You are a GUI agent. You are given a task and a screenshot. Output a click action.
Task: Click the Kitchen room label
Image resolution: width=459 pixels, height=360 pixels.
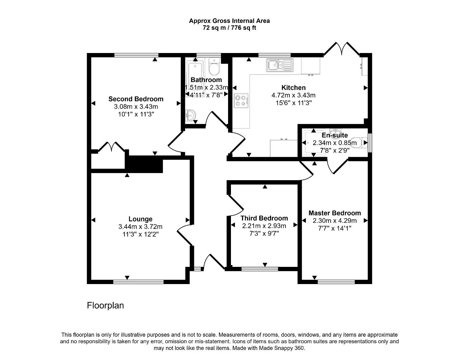pos(293,87)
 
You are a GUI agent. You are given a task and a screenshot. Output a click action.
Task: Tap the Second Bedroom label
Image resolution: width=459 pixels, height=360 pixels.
pos(136,99)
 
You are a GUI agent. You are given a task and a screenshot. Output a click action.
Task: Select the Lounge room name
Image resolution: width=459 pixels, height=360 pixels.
pos(141,219)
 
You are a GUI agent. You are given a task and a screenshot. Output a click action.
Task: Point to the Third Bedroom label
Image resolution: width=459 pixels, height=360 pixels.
pos(264,218)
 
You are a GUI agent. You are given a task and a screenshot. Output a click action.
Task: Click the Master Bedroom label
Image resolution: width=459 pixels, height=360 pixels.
pos(335,213)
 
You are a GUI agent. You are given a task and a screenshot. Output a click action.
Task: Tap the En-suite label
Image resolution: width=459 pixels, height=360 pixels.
pos(335,135)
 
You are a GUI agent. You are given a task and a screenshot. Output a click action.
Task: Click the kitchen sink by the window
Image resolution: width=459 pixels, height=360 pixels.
pos(280,66)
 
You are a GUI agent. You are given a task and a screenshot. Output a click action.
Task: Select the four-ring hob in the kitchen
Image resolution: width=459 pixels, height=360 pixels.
pos(241,101)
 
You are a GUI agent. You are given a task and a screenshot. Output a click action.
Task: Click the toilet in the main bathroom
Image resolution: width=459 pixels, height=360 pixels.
pos(214,67)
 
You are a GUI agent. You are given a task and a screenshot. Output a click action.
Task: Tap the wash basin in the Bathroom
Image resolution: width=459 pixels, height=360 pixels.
pos(190,115)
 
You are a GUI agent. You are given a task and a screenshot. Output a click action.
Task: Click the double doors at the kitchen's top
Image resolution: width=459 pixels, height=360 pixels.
pos(341,49)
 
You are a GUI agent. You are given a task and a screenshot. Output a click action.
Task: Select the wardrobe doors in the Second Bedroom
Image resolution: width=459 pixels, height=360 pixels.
pos(111,147)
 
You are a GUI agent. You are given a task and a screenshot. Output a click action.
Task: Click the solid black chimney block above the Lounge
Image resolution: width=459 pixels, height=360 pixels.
pos(144,164)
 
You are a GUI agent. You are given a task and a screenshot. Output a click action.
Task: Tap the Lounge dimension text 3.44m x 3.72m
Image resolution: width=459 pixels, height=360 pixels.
pos(141,227)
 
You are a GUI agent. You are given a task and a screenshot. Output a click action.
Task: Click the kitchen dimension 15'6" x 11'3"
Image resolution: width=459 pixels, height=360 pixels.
pos(294,103)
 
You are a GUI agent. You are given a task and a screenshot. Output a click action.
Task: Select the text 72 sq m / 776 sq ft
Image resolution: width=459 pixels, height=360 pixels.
pos(229,28)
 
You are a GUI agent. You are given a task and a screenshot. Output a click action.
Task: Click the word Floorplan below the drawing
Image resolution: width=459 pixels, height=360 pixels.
pos(105,306)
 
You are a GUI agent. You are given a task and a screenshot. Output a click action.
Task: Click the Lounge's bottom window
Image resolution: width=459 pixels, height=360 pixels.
pos(138,282)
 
